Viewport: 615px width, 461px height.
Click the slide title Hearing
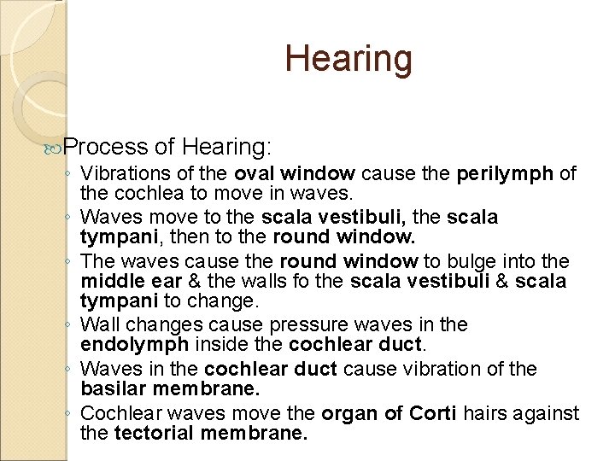348,58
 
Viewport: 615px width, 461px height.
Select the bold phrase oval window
295,174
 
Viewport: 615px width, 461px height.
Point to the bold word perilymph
506,174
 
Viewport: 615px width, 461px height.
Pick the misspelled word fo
272,280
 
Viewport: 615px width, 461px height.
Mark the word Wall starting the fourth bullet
101,325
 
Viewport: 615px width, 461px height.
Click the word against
549,413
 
